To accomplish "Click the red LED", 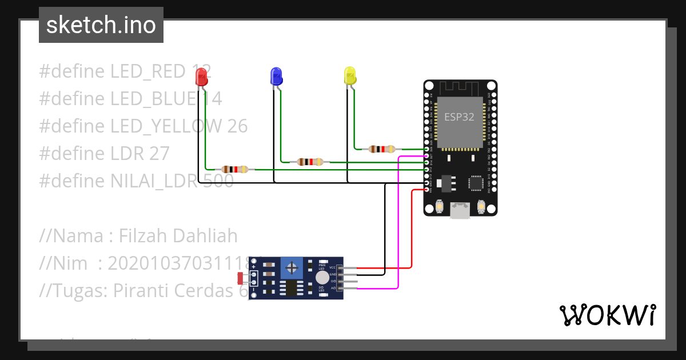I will click(x=201, y=77).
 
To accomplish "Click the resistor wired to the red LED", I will click(x=234, y=169).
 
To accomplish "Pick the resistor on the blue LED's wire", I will click(x=309, y=162).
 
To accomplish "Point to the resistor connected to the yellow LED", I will click(x=382, y=149).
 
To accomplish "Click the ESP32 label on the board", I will click(x=460, y=117).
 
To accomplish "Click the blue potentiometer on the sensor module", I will click(x=292, y=267).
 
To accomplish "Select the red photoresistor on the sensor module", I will click(x=240, y=278).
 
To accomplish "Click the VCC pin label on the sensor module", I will click(x=332, y=267).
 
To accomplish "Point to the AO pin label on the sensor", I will click(x=333, y=289).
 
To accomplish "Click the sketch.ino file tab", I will click(x=101, y=25).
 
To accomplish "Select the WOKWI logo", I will click(x=607, y=315).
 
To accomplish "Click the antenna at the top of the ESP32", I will click(x=460, y=87).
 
